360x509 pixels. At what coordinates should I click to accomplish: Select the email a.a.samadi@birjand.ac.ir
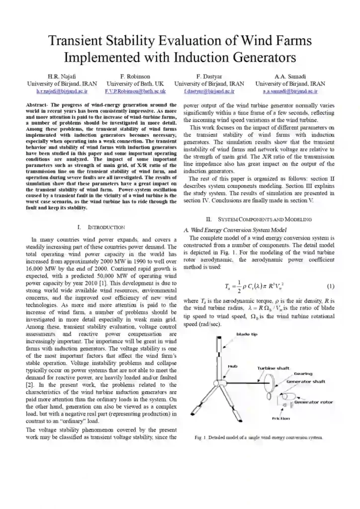pos(290,91)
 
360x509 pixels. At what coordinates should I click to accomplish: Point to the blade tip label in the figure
pos(247,334)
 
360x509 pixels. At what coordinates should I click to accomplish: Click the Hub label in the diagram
pos(232,366)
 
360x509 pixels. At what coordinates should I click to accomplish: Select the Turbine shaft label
pos(273,368)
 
